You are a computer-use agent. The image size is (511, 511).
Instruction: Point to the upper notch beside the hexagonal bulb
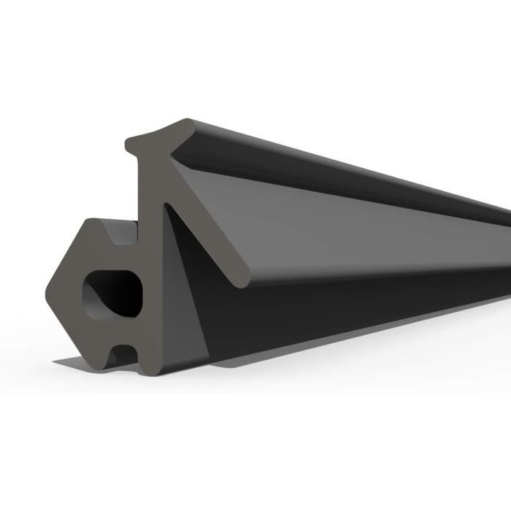pos(123,232)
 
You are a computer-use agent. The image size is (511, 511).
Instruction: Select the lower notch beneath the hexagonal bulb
pos(123,356)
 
